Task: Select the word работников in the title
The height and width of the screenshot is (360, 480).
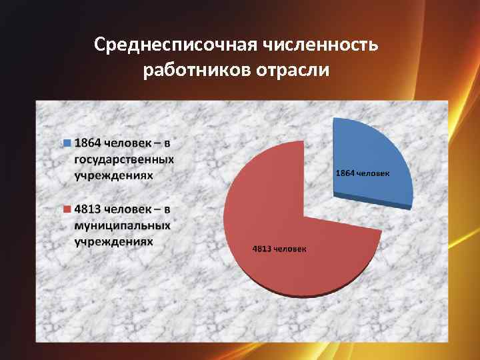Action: (x=196, y=70)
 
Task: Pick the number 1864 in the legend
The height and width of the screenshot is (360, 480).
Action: (x=88, y=143)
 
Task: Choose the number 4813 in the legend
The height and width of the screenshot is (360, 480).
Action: (x=88, y=209)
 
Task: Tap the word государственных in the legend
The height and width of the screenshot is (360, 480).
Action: (x=124, y=159)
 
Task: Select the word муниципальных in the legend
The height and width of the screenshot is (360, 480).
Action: (x=122, y=225)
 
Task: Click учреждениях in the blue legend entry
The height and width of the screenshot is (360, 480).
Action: (x=113, y=175)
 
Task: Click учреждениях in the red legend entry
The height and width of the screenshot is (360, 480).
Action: (x=113, y=241)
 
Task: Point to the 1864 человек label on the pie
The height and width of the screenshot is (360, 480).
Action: (x=363, y=173)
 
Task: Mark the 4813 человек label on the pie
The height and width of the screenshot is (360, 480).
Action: (x=279, y=249)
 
